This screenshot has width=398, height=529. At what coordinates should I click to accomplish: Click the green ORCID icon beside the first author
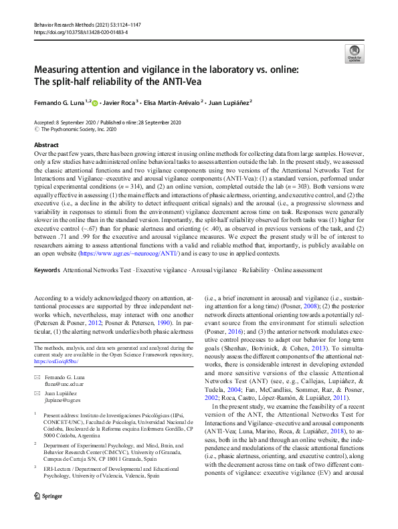pos(95,103)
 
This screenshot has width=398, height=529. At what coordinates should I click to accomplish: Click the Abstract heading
pos(45,144)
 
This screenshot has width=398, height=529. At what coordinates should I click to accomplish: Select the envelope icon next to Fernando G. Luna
pos(37,379)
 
